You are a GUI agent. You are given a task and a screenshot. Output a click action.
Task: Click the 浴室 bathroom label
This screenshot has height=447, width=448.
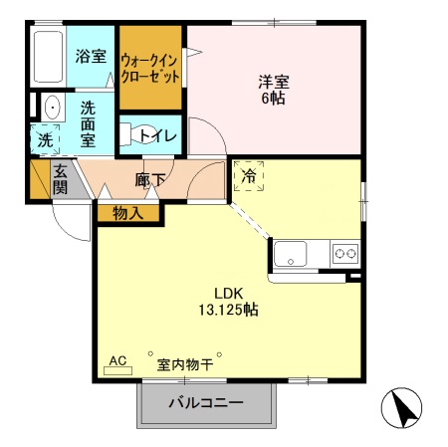tap(91, 56)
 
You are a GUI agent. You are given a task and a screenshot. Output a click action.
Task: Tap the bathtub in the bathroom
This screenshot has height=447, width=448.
tap(47, 59)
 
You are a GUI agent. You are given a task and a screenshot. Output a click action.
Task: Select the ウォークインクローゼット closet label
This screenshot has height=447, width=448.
tap(150, 68)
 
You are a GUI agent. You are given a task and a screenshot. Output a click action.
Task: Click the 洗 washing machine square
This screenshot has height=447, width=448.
tap(46, 140)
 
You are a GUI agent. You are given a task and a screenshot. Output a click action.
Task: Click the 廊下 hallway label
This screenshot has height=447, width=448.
tap(149, 180)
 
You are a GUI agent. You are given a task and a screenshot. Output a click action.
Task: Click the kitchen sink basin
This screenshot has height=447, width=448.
tap(294, 253)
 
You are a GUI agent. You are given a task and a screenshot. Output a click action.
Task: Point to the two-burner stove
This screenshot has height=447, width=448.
tap(345, 254)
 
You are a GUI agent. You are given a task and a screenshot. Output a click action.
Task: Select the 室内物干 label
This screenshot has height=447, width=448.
tap(184, 364)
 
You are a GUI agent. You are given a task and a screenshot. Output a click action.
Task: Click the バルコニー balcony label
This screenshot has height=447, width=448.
tap(204, 404)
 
